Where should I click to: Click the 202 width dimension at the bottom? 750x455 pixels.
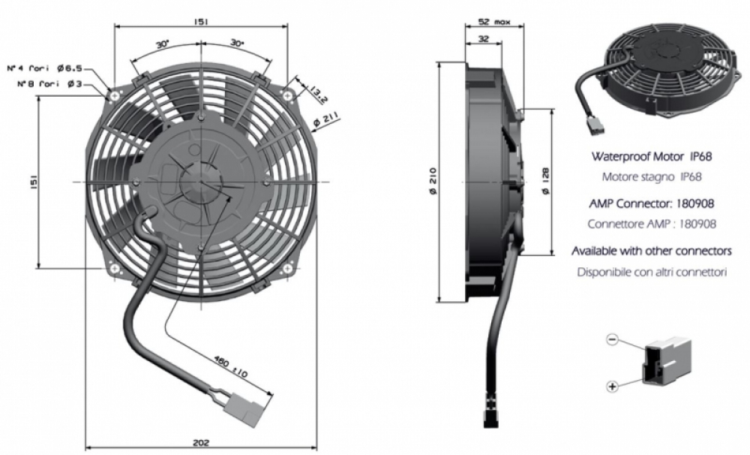[201, 442]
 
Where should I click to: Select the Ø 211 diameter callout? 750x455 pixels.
[325, 119]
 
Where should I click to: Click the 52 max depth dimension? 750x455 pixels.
[494, 22]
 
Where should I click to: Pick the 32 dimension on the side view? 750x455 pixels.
[484, 39]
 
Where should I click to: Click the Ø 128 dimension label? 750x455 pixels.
[545, 180]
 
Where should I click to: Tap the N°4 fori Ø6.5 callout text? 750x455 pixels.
[45, 68]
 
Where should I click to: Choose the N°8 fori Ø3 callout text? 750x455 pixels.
[49, 84]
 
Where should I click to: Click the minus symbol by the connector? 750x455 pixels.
[612, 339]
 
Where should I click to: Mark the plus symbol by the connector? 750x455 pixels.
[612, 386]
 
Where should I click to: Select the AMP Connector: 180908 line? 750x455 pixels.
[652, 203]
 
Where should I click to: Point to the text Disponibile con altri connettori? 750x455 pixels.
[652, 272]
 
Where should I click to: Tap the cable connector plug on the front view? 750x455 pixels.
[246, 410]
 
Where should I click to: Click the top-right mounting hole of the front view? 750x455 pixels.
[287, 96]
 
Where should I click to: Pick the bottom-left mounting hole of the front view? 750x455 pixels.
[114, 269]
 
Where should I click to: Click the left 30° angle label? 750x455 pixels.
[163, 44]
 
